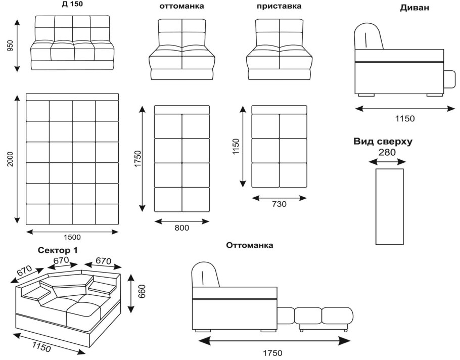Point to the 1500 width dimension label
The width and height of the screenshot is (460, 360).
coord(71,237)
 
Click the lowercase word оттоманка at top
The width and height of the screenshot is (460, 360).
coord(181,7)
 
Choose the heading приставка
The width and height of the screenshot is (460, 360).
coord(279,7)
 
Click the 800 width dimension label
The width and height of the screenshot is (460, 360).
coord(182,228)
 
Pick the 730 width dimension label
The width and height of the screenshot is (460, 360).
coord(279,204)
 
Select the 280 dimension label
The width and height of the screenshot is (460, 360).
coord(387,152)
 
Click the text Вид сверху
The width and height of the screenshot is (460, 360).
coord(383,142)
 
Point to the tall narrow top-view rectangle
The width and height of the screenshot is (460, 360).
coord(389,206)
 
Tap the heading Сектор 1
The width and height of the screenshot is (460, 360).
coord(58,250)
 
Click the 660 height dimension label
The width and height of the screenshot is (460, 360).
coord(143,293)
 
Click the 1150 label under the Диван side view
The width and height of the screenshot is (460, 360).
coord(405,119)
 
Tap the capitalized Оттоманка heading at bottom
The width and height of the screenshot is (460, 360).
coord(250,245)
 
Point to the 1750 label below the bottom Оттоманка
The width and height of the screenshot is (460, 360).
coord(272,353)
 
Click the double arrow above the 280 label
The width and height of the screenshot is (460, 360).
coord(387,162)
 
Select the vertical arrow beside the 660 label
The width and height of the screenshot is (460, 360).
coord(131,293)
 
